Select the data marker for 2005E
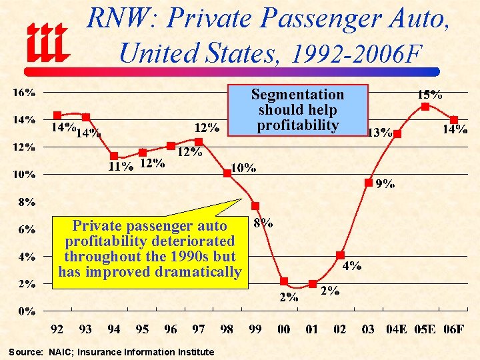[x=425, y=106]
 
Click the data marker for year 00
[x=284, y=281]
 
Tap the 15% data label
[x=429, y=95]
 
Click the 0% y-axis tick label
[x=27, y=311]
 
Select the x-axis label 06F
[x=453, y=329]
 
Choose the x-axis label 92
[x=58, y=329]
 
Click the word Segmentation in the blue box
[x=297, y=95]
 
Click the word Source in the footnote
[x=25, y=352]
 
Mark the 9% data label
[x=384, y=184]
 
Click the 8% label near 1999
[x=263, y=223]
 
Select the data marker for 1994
[x=114, y=156]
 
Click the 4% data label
[x=352, y=266]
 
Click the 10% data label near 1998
[x=243, y=168]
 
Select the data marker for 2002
[x=340, y=255]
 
